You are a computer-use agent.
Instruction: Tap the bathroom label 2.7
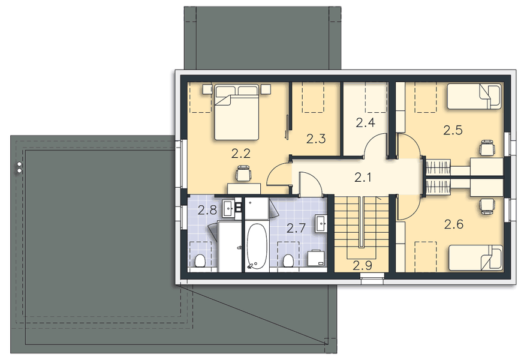[296, 228]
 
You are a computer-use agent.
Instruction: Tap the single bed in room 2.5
[474, 96]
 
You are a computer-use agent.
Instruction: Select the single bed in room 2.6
[475, 257]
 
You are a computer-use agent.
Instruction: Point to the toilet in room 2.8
[200, 261]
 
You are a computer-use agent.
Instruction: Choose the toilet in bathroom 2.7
[288, 260]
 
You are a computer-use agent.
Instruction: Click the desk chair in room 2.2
[243, 173]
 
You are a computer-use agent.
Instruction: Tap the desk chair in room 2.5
[487, 147]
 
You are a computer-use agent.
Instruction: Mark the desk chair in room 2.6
[486, 206]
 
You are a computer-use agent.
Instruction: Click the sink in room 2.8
[228, 209]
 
